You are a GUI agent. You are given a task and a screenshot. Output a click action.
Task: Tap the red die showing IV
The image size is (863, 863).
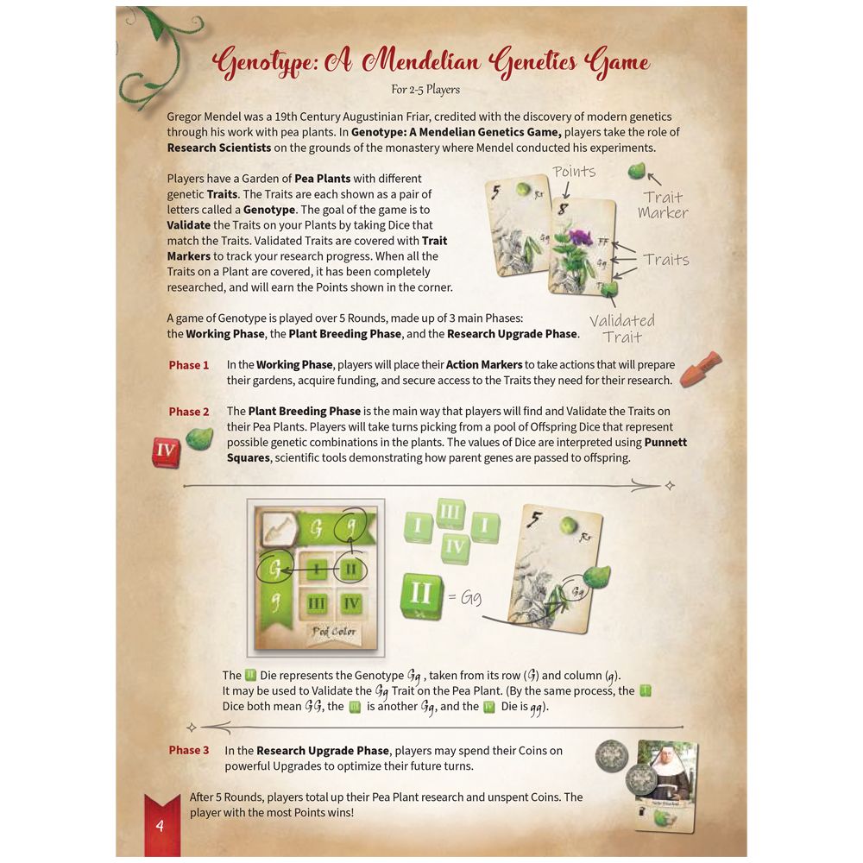click(166, 451)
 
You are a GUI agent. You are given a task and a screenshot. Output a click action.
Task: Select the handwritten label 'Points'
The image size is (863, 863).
click(574, 172)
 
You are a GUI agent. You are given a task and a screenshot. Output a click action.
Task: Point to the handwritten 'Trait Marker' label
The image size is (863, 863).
click(663, 205)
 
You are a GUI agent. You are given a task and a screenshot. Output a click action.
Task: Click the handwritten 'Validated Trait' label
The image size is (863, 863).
click(622, 329)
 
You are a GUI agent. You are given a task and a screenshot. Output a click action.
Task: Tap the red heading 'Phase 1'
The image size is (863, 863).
click(188, 365)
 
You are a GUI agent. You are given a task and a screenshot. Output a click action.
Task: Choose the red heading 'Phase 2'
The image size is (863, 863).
click(188, 412)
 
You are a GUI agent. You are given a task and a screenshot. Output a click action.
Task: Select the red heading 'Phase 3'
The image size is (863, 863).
click(188, 750)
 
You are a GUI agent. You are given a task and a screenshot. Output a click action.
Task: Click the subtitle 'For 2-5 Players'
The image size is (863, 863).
click(425, 90)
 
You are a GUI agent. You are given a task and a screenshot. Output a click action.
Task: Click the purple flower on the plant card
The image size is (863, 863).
click(580, 236)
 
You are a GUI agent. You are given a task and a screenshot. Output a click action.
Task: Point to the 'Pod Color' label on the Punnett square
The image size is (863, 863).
click(333, 631)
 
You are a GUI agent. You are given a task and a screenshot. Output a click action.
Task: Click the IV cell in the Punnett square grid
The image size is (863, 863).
click(350, 603)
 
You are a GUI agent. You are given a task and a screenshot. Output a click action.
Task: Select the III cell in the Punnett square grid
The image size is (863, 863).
click(316, 603)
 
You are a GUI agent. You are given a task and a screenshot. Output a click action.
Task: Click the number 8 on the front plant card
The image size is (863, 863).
click(562, 210)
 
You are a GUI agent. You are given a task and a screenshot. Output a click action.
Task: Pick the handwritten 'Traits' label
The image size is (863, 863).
click(665, 259)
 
